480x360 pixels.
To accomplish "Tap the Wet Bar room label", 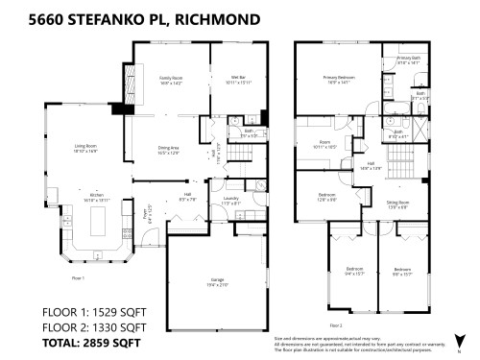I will point(237,78).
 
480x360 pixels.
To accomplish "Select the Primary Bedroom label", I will point(336,79).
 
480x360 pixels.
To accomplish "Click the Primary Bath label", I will point(409,60).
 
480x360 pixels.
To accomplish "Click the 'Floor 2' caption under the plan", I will point(309,299).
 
